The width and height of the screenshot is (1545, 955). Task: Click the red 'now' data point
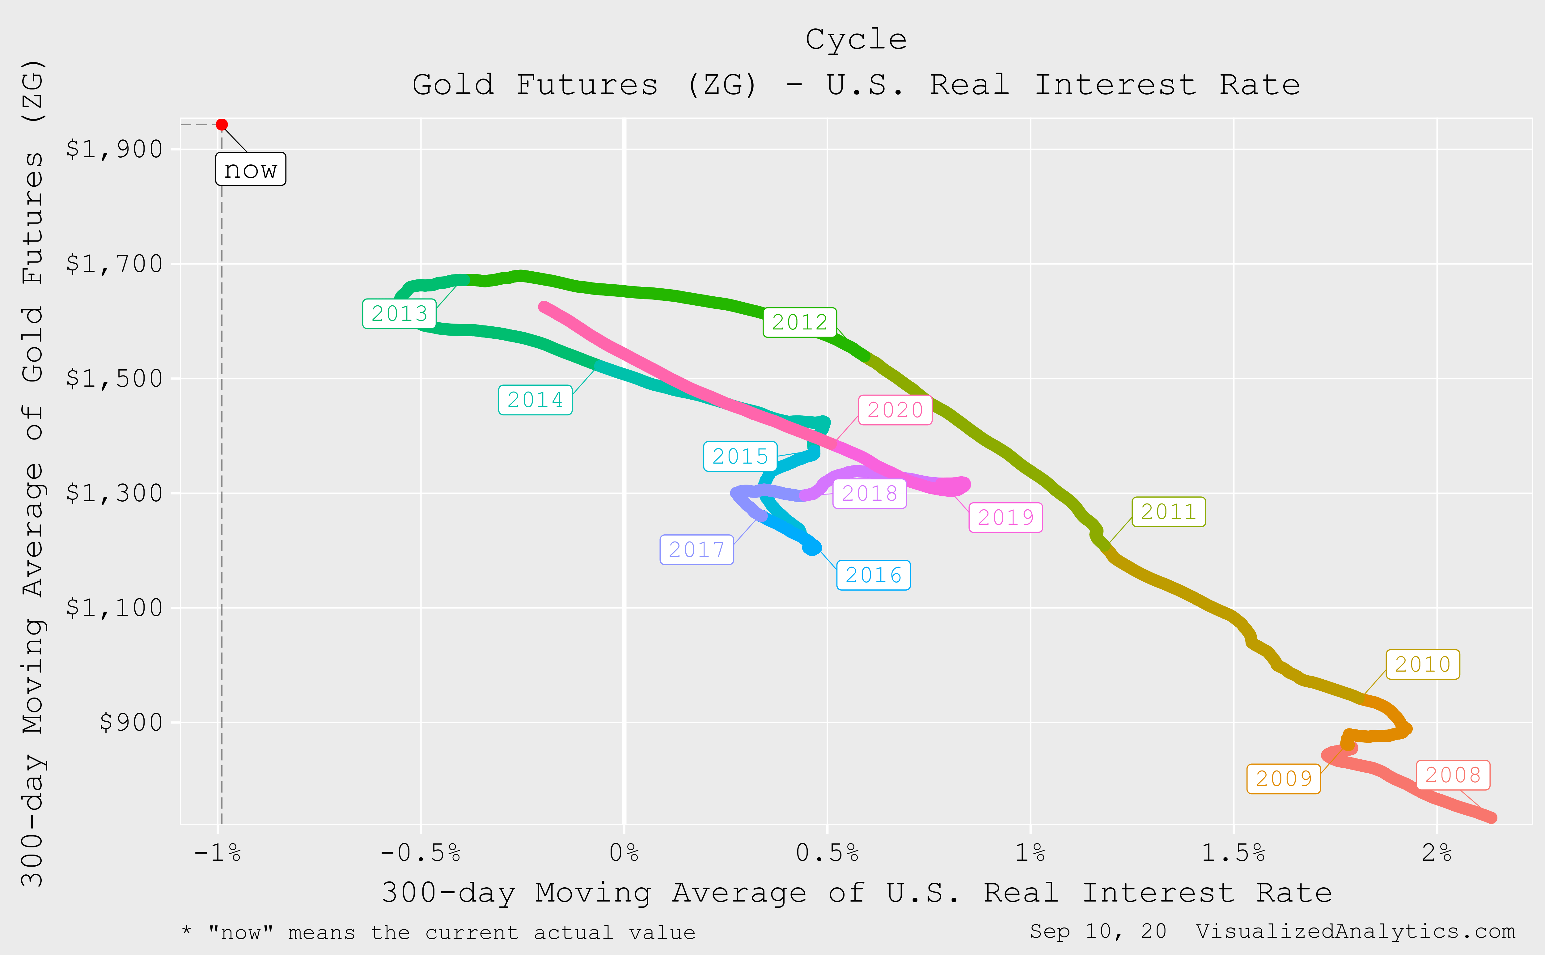pos(222,125)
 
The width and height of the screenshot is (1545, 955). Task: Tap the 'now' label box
pos(251,169)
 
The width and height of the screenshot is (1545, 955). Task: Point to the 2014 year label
pos(535,400)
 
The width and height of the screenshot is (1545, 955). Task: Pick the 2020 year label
pos(895,410)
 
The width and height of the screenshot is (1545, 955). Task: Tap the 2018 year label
pos(870,493)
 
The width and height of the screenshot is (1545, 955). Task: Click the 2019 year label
pos(1006,517)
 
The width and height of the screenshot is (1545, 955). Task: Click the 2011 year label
pos(1169,511)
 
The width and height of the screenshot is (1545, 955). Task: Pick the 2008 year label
pos(1454,775)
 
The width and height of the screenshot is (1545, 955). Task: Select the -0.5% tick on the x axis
pos(421,853)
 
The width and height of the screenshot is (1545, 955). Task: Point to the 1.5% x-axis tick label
pos(1233,853)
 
